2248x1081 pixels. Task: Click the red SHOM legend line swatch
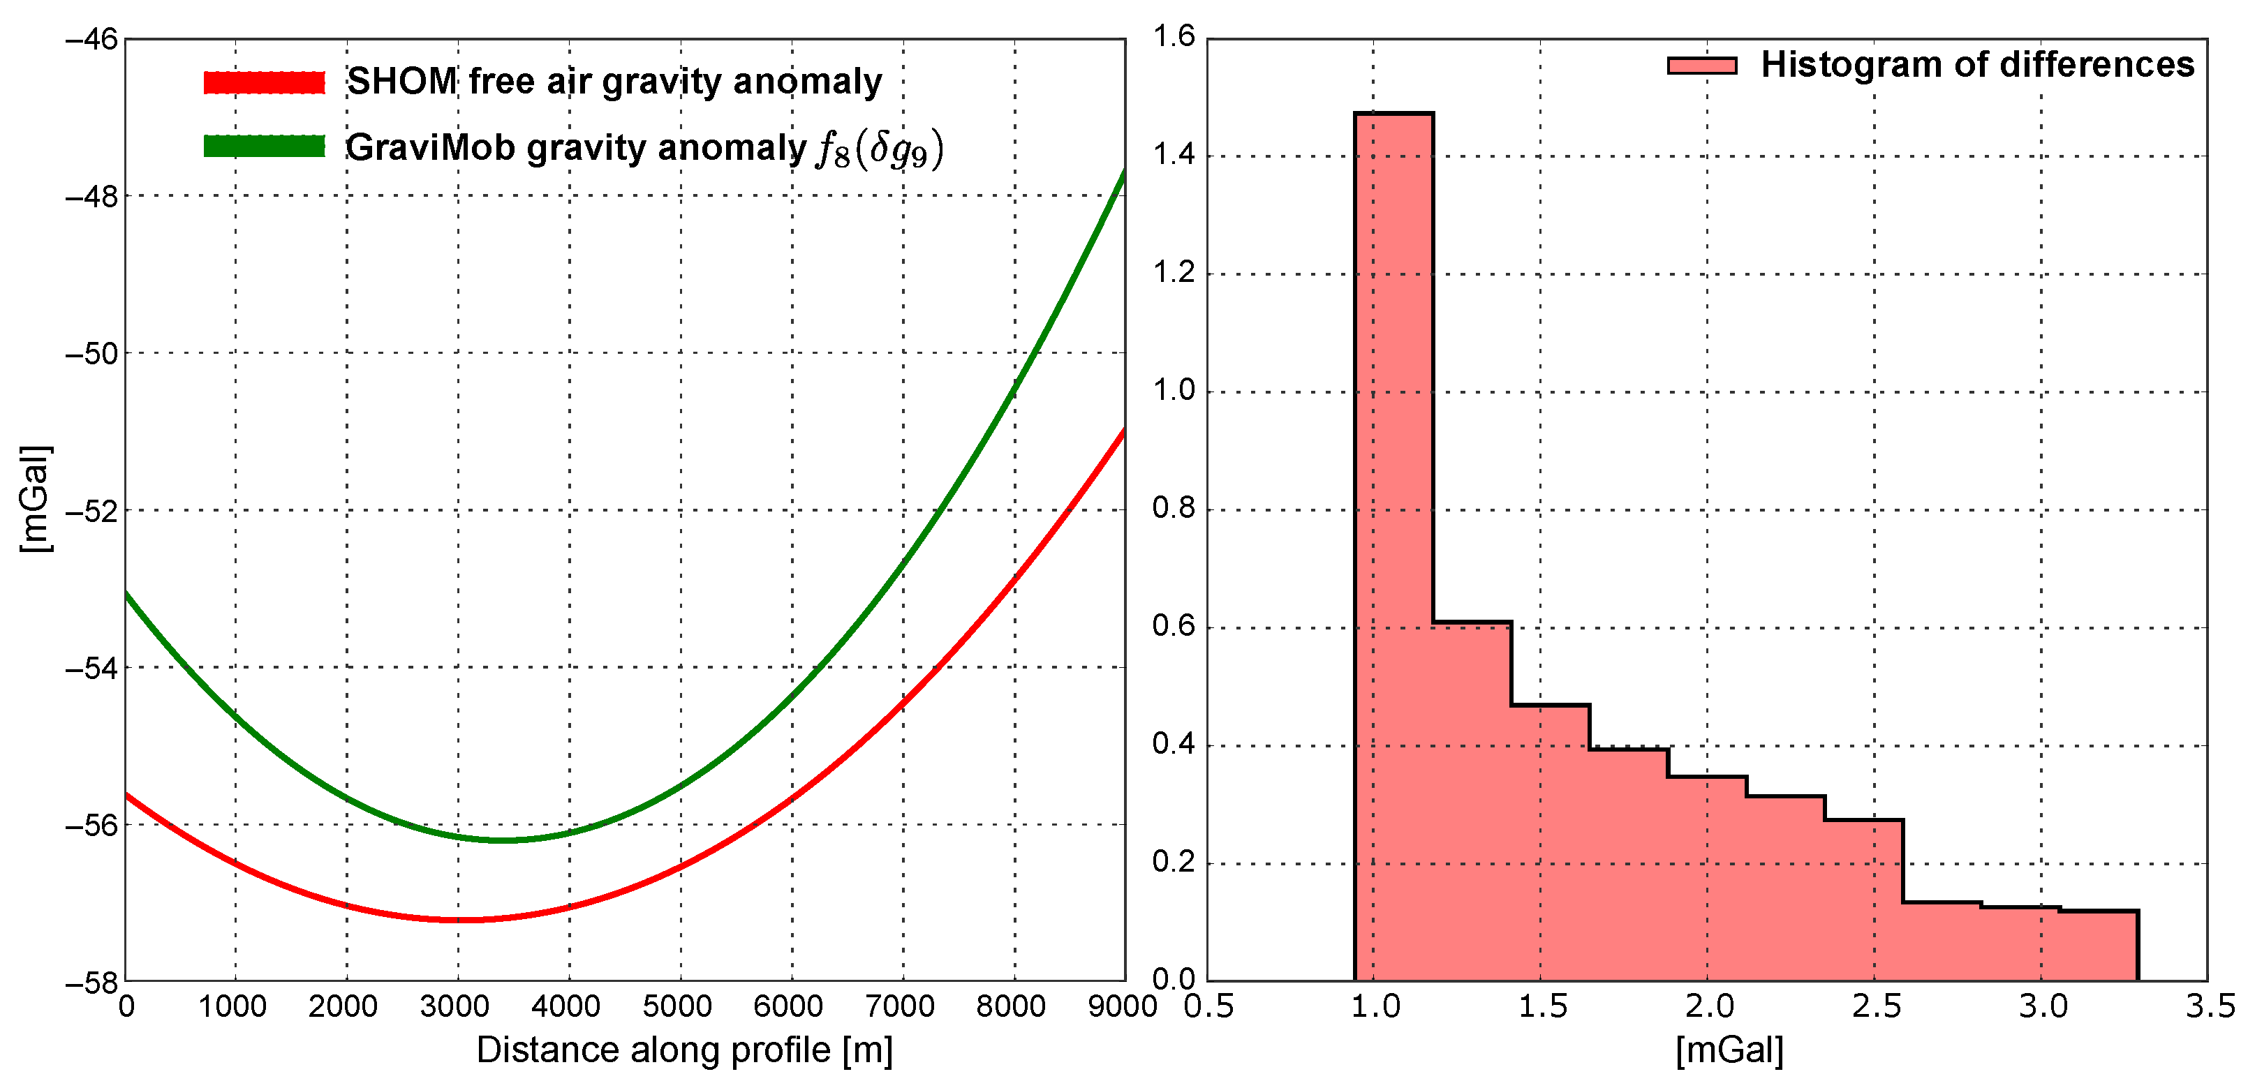coord(264,82)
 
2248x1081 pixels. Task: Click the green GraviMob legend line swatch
coord(264,147)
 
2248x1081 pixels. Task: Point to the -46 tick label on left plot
coord(91,40)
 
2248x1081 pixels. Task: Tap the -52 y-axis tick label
coord(91,512)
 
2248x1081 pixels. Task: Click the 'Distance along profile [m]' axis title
coord(684,1050)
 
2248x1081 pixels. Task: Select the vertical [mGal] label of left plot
coord(35,499)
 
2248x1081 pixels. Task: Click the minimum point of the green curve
coord(502,840)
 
